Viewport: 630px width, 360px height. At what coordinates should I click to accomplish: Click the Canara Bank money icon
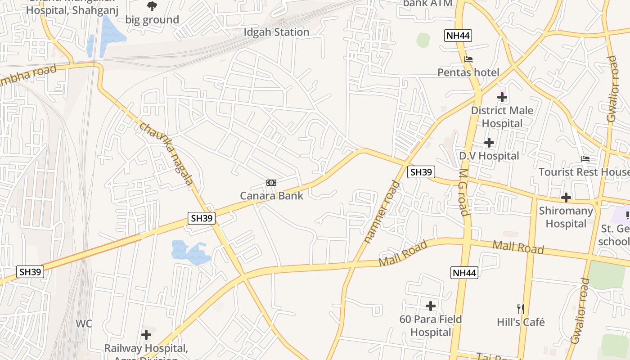pyautogui.click(x=271, y=182)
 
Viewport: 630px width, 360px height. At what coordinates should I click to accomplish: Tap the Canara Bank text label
pyautogui.click(x=271, y=196)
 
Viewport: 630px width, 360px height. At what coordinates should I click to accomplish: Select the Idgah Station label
pyautogui.click(x=276, y=32)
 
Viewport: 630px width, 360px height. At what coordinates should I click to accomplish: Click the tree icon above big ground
pyautogui.click(x=152, y=6)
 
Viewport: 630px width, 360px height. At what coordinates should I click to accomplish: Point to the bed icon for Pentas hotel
pyautogui.click(x=468, y=59)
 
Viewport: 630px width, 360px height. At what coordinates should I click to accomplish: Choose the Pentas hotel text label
pyautogui.click(x=468, y=72)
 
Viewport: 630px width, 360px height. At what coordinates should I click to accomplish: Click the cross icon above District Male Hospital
pyautogui.click(x=502, y=97)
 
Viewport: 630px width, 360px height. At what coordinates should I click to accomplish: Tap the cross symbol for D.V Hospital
pyautogui.click(x=489, y=143)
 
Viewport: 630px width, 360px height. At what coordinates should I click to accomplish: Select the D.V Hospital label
pyautogui.click(x=489, y=156)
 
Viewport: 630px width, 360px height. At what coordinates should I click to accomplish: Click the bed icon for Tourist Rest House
pyautogui.click(x=585, y=159)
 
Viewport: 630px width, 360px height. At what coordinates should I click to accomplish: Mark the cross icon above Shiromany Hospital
pyautogui.click(x=566, y=197)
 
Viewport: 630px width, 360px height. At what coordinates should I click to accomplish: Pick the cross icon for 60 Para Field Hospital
pyautogui.click(x=431, y=306)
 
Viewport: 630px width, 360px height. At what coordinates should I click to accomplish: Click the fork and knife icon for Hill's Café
pyautogui.click(x=521, y=309)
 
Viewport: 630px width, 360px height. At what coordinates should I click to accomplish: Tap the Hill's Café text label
pyautogui.click(x=521, y=322)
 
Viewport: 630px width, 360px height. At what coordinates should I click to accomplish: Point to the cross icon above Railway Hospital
pyautogui.click(x=146, y=335)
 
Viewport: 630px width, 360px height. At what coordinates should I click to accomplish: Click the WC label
pyautogui.click(x=84, y=324)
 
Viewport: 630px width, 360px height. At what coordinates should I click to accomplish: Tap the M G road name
pyautogui.click(x=464, y=192)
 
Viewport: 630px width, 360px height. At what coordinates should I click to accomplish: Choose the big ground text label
pyautogui.click(x=152, y=20)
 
